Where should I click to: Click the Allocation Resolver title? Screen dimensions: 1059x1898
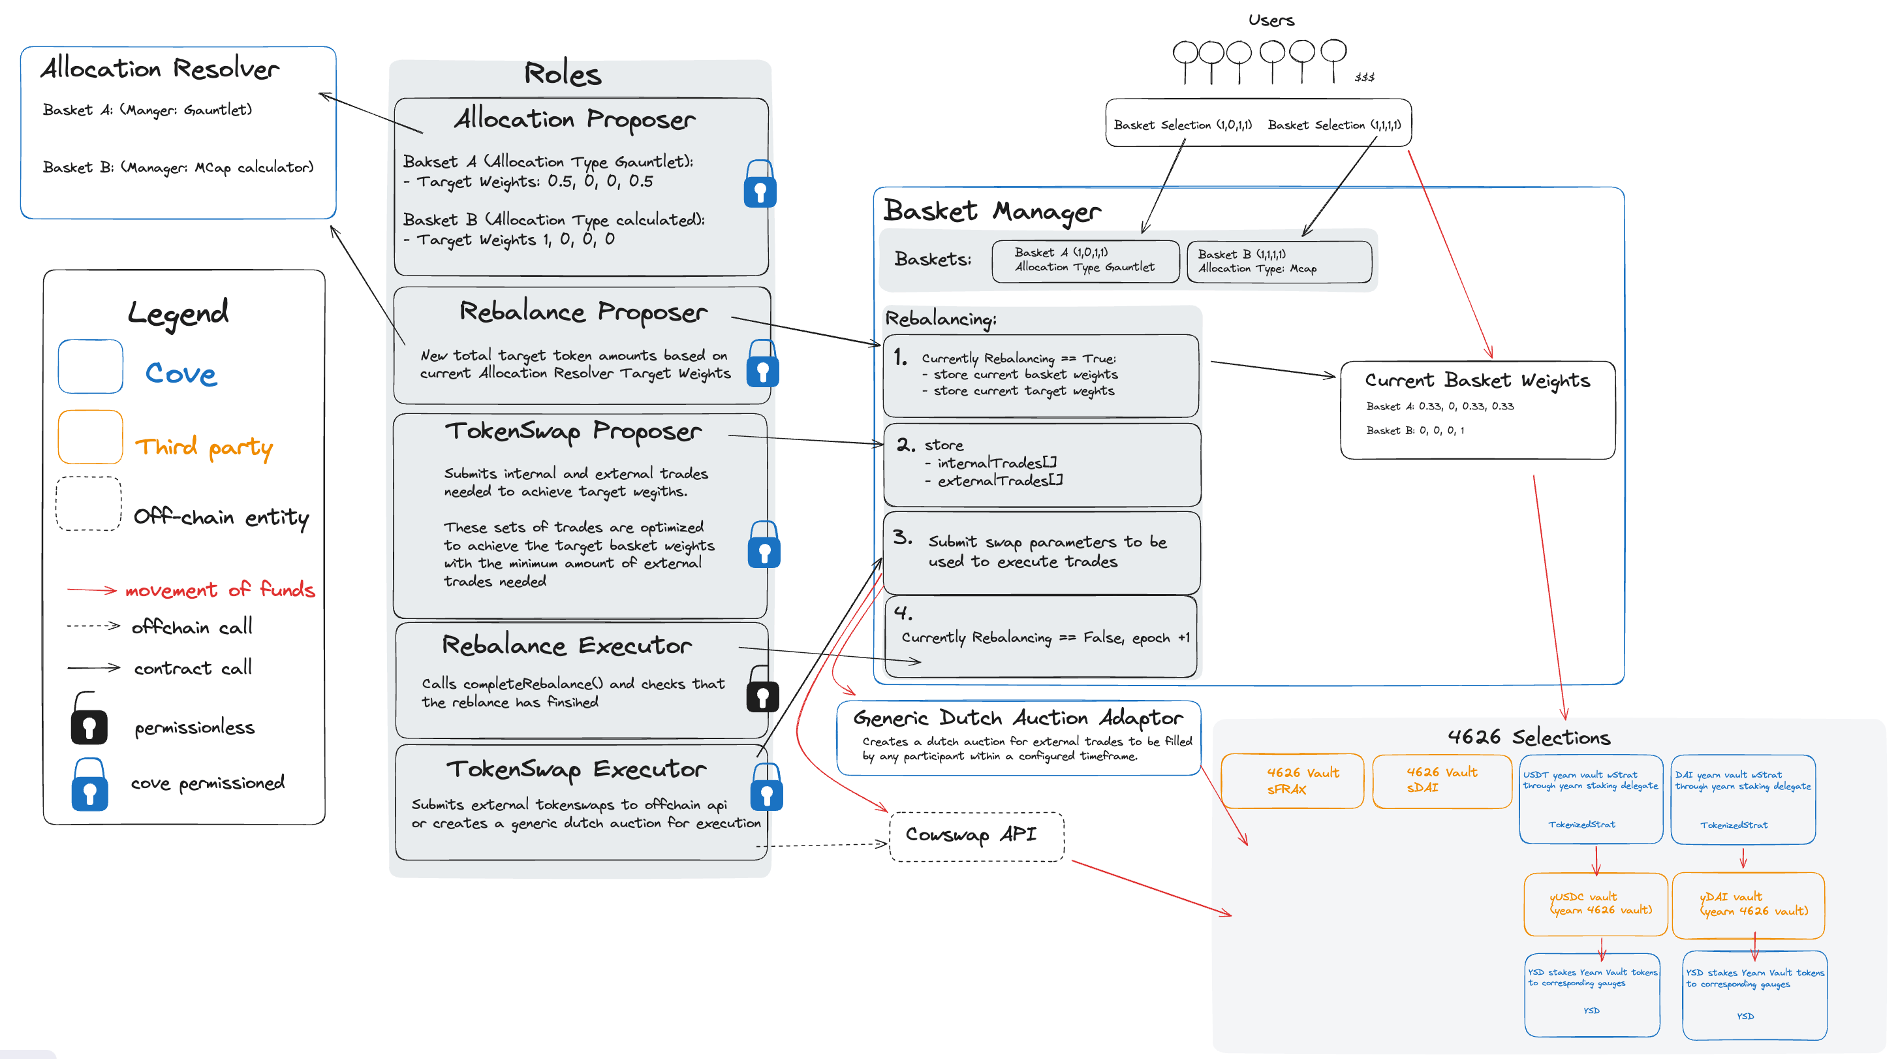pyautogui.click(x=160, y=69)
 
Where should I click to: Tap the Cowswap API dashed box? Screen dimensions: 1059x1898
pyautogui.click(x=976, y=836)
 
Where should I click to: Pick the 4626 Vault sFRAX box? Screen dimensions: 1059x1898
pyautogui.click(x=1292, y=780)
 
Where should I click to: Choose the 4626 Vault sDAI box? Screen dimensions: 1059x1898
pyautogui.click(x=1441, y=780)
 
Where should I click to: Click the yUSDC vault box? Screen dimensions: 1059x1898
pyautogui.click(x=1595, y=904)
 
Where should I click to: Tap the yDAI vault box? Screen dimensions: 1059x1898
pyautogui.click(x=1748, y=904)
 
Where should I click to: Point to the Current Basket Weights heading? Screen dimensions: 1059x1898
pyautogui.click(x=1476, y=380)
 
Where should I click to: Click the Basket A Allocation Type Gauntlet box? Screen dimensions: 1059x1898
pyautogui.click(x=1085, y=261)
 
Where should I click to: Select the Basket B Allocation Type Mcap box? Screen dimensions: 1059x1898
pyautogui.click(x=1279, y=262)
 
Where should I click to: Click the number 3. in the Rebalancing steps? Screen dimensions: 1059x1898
pyautogui.click(x=903, y=537)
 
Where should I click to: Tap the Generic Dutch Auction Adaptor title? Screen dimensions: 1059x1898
pyautogui.click(x=1018, y=717)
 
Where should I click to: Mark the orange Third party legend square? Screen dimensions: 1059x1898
pyautogui.click(x=91, y=437)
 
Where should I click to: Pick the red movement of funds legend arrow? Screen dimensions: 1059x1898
pyautogui.click(x=92, y=590)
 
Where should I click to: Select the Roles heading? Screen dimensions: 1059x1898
pyautogui.click(x=563, y=74)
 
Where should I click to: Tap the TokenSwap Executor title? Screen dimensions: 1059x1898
pyautogui.click(x=576, y=768)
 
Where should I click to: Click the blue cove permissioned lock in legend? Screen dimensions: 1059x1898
pyautogui.click(x=89, y=785)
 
